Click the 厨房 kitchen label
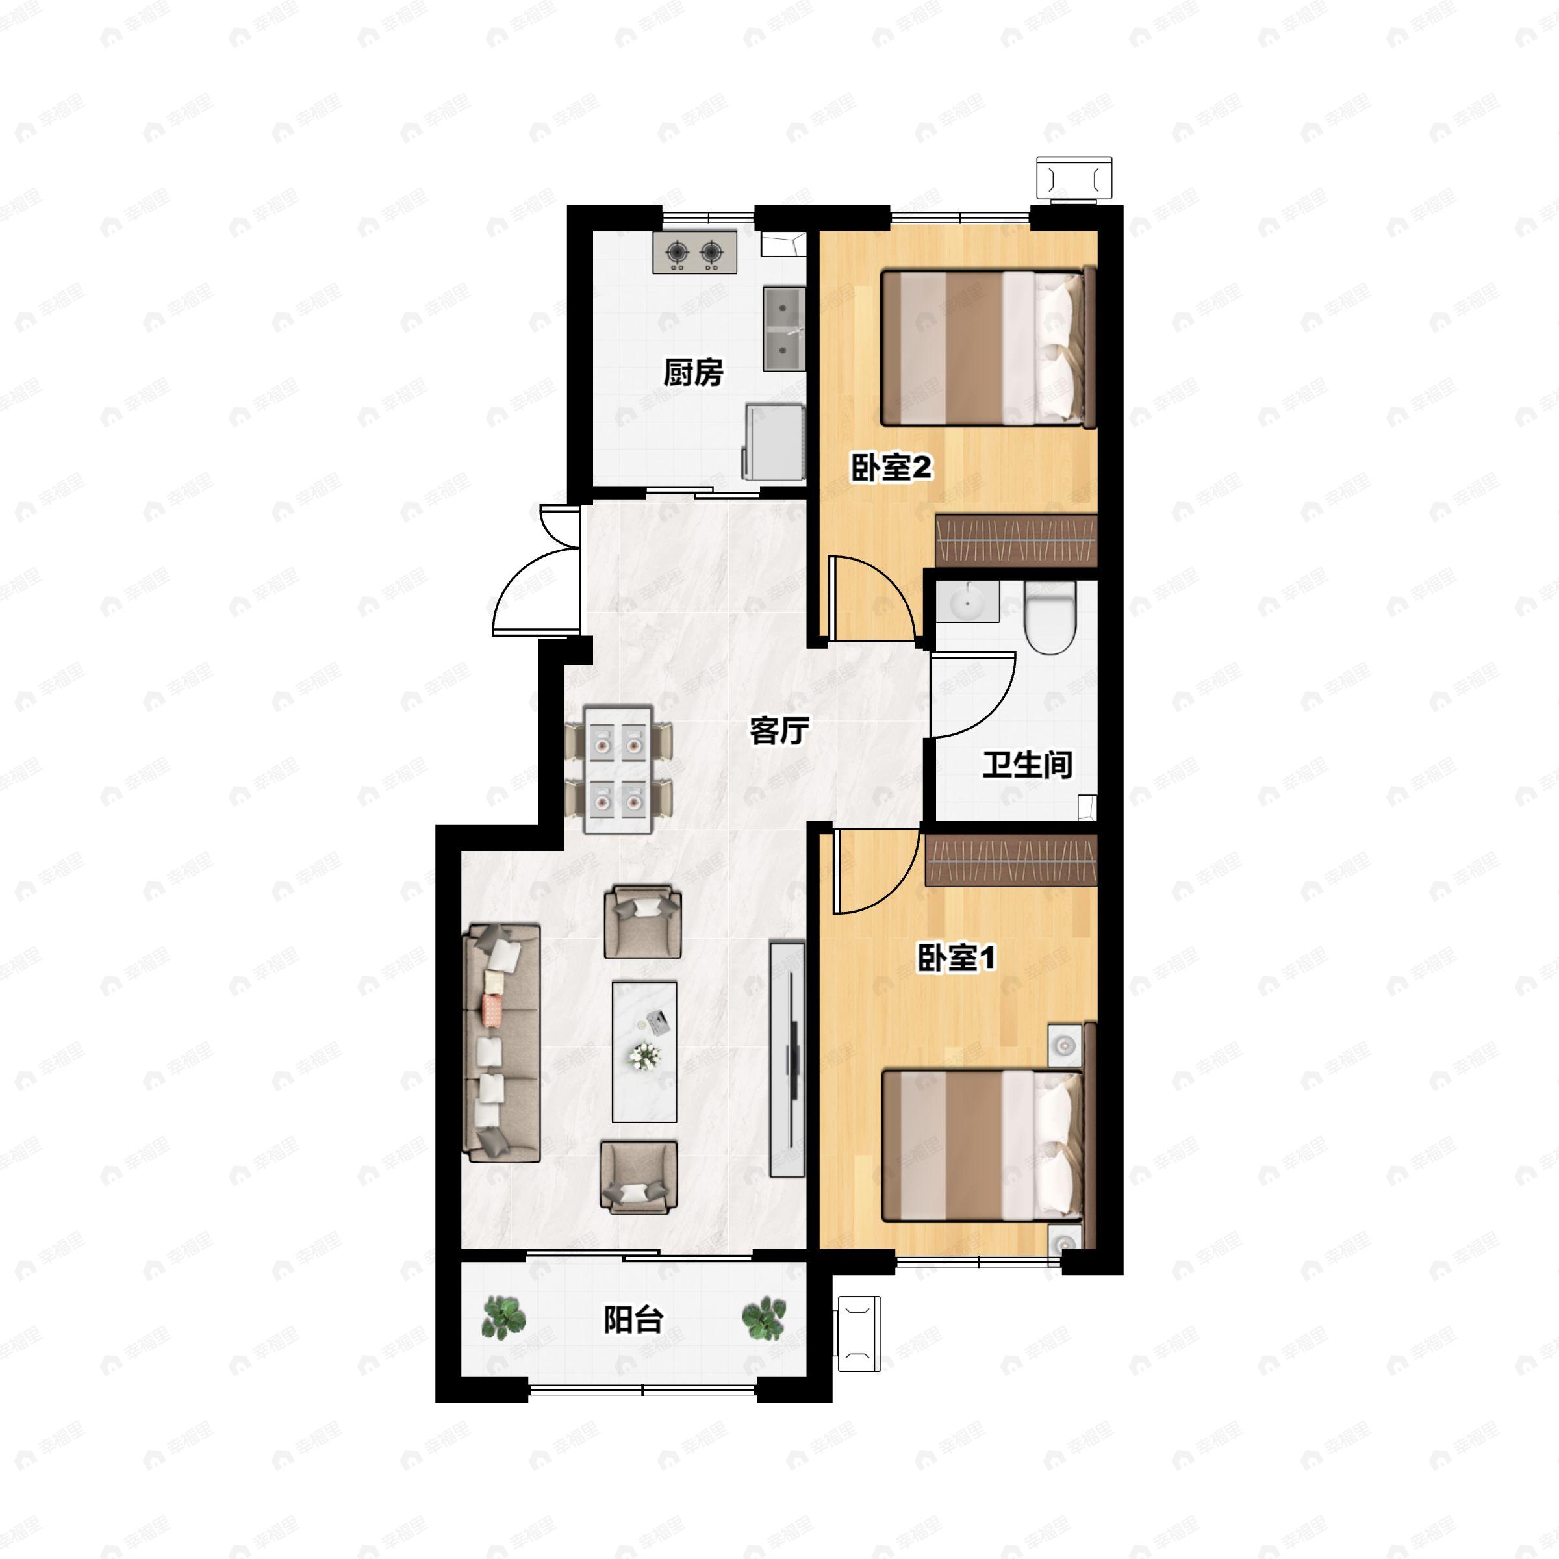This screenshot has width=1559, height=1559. pos(692,373)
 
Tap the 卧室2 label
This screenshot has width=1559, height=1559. pos(891,467)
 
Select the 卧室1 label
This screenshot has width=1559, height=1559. pos(956,958)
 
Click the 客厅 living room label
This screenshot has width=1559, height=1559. pos(779,731)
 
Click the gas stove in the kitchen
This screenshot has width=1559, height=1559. pos(694,253)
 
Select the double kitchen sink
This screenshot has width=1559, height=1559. pos(783,329)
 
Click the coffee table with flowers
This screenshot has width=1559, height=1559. pos(644,1052)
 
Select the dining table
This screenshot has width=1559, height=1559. pos(618,769)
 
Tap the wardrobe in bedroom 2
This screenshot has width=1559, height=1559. pos(1016,539)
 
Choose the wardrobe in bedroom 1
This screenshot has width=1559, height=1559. pos(1011,859)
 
